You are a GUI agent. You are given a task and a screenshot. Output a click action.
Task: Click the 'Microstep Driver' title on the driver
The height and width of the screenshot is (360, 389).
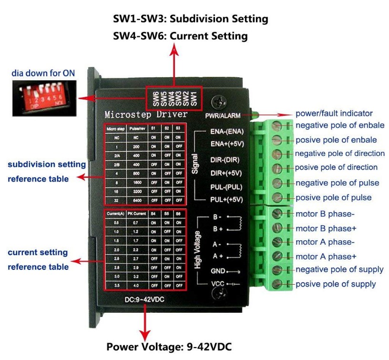click(x=146, y=115)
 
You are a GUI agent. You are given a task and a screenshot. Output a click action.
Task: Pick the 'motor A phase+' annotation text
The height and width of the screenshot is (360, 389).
click(x=326, y=256)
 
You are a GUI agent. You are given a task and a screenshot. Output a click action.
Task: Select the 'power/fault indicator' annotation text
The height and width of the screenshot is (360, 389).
click(x=334, y=113)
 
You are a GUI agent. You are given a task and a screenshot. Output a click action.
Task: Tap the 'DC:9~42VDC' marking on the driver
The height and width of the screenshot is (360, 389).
click(x=145, y=301)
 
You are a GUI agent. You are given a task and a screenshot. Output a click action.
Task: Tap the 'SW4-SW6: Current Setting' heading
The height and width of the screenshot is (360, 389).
click(x=180, y=36)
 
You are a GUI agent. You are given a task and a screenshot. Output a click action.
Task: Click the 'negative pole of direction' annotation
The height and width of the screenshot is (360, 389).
click(x=339, y=154)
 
